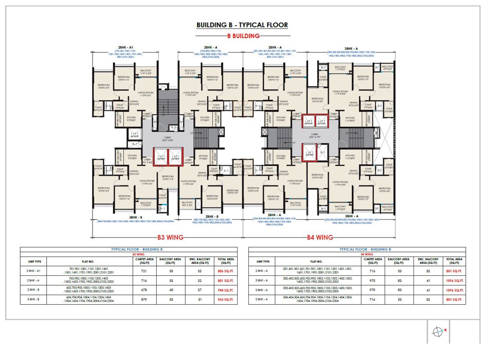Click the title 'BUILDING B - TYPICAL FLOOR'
pos(242,25)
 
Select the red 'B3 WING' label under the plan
pos(170,237)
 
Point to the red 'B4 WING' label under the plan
pos(319,237)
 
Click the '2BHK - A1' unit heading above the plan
pos(126,47)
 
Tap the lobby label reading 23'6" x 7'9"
pos(315,136)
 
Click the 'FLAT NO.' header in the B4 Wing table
pos(316,261)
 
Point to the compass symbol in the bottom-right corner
pos(437,332)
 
